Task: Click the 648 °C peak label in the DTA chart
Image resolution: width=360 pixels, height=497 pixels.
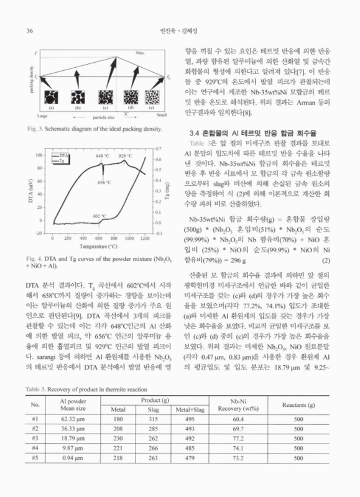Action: (103, 155)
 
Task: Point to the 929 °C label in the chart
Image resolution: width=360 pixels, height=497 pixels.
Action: (125, 155)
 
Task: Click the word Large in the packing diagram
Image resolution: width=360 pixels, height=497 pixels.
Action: (43, 116)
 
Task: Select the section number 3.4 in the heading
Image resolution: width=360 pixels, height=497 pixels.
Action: (195, 134)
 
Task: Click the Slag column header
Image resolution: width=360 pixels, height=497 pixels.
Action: (152, 410)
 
